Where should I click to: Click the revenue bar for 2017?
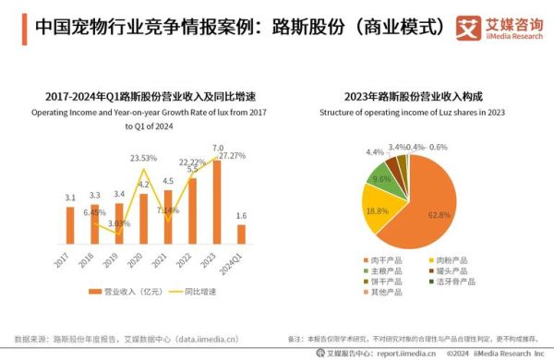click(x=70, y=225)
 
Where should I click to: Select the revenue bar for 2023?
click(x=217, y=203)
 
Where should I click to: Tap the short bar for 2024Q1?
click(x=241, y=234)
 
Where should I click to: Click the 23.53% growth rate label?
click(x=142, y=158)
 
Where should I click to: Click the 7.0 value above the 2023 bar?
click(x=218, y=148)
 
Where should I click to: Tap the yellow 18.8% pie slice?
click(x=378, y=209)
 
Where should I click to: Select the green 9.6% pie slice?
click(x=380, y=179)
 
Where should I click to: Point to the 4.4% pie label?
click(x=375, y=152)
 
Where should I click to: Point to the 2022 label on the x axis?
click(x=189, y=260)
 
